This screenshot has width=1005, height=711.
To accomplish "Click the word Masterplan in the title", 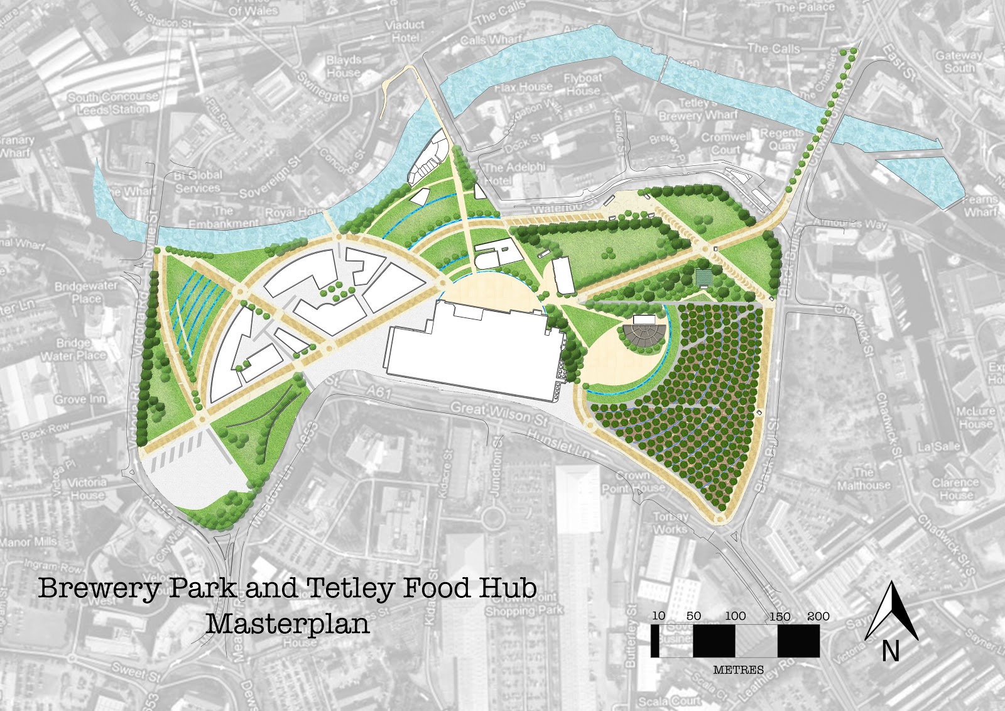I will [x=288, y=624].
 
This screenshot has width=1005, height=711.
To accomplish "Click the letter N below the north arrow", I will [x=890, y=651].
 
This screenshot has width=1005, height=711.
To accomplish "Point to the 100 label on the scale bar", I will [x=735, y=616].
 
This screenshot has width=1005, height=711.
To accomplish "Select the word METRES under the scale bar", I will [x=739, y=670].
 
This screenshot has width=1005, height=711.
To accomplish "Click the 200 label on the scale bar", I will [x=818, y=616].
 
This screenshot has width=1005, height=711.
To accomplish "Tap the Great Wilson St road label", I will [x=499, y=412].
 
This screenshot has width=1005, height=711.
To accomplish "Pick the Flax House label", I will [x=523, y=87].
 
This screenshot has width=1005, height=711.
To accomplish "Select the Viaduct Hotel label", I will [x=405, y=31].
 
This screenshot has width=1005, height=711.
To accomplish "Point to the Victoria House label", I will [x=87, y=488].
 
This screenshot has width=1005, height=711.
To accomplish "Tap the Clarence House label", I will [x=955, y=488].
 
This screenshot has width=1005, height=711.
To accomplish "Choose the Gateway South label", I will [x=959, y=61].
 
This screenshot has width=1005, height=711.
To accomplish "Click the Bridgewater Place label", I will [x=86, y=292].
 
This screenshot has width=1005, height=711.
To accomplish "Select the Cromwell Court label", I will [x=726, y=143].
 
